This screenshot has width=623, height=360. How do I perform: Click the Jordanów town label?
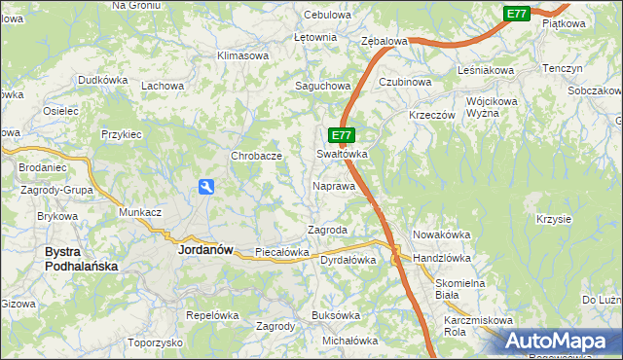pos(205,249)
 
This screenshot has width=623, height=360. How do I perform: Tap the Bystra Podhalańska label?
pos(81,258)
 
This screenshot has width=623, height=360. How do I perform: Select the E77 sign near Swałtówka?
pos(340,136)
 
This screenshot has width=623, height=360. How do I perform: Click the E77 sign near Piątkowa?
pos(517,13)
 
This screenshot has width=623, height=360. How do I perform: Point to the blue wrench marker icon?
pos(207,187)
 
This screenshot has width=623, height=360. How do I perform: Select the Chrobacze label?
pos(256,156)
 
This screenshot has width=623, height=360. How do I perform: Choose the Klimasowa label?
pos(242,55)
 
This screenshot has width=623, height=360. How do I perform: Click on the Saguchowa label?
pos(322,86)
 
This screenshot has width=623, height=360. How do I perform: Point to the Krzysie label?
pos(553,218)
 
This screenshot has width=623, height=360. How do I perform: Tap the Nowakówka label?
pos(442,234)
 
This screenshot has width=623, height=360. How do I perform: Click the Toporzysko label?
pos(155,342)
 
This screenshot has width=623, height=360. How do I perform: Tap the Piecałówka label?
pos(281,252)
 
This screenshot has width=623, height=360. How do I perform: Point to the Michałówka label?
pos(349,341)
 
